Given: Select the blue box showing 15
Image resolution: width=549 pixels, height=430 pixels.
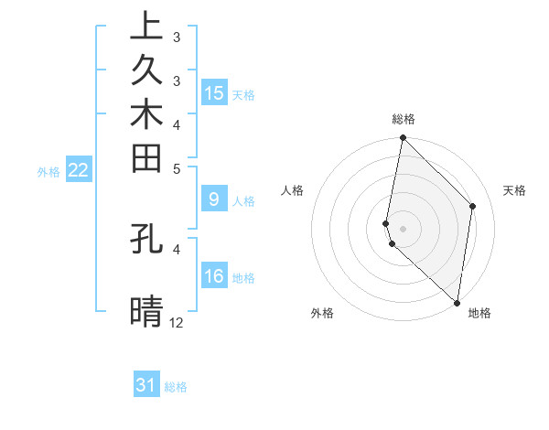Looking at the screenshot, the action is coord(213,92).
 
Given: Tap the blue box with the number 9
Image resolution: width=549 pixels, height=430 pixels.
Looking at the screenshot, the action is coord(213,199).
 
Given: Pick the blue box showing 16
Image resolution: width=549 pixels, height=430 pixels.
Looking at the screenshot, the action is coord(213,276).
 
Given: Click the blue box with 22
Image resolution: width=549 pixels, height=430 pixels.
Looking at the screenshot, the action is coord(79,169).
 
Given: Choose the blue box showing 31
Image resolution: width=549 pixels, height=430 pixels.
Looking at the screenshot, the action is coord(146,385).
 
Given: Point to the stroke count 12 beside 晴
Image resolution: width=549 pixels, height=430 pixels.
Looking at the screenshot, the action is coord(177,322).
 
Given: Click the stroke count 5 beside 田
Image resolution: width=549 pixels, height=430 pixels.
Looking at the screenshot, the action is coord(177,168).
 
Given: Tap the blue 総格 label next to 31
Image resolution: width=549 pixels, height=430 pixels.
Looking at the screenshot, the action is coord(176,387).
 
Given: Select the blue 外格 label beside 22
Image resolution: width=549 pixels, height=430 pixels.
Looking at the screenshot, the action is coord(48,171).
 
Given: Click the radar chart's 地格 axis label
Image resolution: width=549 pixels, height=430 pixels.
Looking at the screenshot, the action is coord(479,313).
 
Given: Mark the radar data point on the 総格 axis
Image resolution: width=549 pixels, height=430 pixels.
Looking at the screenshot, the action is coord(403,138).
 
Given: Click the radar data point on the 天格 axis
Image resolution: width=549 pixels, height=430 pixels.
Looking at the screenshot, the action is coord(473,206).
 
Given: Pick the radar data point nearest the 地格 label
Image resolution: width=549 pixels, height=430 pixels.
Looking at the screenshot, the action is coord(457,303).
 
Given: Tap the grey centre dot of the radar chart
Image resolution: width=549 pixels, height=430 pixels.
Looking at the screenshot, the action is coord(403,228).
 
